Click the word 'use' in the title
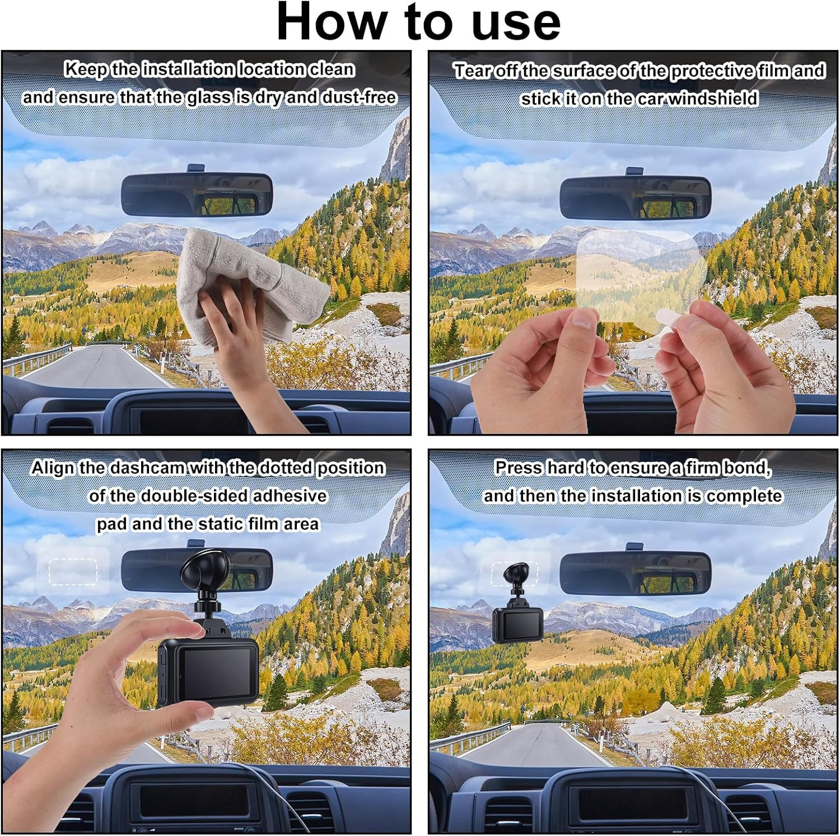tap(516, 23)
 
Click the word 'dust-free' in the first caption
tap(358, 97)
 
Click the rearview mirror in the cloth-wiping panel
tap(197, 194)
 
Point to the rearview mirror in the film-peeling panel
tap(635, 197)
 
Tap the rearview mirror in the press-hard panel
tap(635, 572)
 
